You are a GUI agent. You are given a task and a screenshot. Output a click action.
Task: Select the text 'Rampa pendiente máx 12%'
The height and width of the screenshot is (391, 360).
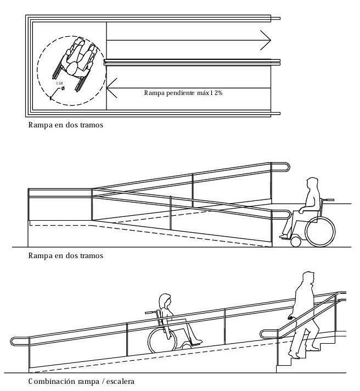183,93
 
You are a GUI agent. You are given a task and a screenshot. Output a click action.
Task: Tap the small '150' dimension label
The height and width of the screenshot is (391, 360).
59,83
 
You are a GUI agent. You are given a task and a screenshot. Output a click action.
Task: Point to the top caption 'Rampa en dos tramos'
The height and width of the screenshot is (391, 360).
65,125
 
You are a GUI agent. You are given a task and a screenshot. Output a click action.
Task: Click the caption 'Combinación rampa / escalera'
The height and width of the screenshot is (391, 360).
81,381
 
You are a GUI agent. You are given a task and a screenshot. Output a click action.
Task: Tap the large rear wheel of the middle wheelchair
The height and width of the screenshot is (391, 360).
319,231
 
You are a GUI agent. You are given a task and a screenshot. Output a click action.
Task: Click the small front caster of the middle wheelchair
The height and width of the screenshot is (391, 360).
296,241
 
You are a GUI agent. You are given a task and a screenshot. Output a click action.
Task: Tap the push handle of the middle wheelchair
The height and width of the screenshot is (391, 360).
329,199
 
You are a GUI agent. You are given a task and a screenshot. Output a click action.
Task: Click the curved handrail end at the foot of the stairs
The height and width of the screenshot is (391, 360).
263,333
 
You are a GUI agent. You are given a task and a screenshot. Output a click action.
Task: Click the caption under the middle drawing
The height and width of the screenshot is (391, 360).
65,255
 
